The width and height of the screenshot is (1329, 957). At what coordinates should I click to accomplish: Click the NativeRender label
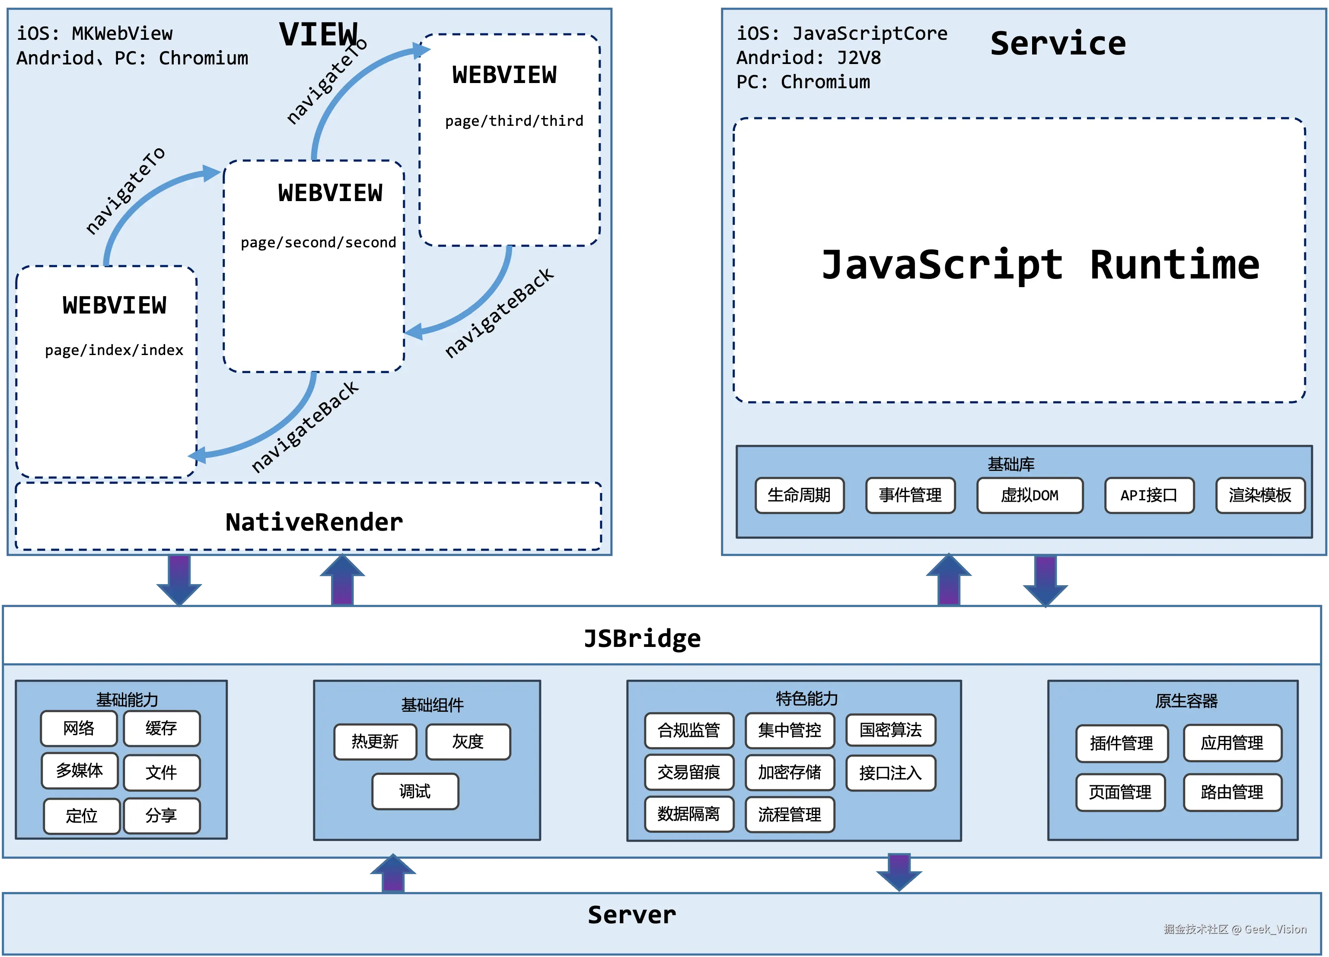(x=314, y=522)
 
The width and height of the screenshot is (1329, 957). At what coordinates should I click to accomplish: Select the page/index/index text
(x=114, y=350)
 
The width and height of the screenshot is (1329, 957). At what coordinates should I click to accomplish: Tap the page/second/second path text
(x=318, y=242)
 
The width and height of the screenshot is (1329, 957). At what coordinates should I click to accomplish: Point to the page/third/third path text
(x=514, y=121)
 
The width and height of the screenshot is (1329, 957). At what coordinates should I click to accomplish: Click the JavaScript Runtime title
(x=1040, y=265)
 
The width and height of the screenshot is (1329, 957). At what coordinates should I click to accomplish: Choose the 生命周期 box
(x=799, y=496)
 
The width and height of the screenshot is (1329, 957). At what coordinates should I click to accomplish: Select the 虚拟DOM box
(x=1029, y=496)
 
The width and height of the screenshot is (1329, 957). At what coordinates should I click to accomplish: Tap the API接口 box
(x=1148, y=496)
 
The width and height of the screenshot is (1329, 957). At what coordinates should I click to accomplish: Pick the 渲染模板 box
(x=1260, y=496)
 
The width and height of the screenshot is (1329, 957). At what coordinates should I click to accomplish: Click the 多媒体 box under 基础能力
(x=79, y=771)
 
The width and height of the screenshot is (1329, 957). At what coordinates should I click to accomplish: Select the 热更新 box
(x=375, y=742)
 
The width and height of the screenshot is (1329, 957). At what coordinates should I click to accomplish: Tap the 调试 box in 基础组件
(x=415, y=792)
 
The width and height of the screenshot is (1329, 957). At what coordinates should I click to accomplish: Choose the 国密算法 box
(x=890, y=730)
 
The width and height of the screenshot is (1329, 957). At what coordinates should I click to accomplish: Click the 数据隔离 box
(x=688, y=814)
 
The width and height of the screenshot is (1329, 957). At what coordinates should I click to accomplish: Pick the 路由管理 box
(x=1232, y=792)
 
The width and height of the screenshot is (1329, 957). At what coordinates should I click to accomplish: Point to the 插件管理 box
(x=1122, y=743)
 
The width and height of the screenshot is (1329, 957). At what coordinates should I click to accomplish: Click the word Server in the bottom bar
(x=632, y=915)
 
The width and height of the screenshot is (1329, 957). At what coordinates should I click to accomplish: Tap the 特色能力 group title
(x=807, y=698)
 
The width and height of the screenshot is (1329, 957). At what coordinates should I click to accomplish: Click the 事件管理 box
(x=910, y=496)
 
